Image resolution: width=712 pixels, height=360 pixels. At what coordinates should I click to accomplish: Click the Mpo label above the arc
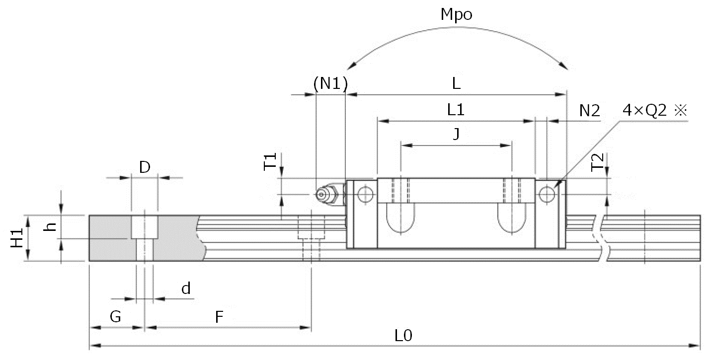[456, 15]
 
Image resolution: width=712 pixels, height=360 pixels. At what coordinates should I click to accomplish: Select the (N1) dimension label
[330, 83]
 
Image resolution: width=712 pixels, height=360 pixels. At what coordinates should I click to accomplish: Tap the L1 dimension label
[456, 110]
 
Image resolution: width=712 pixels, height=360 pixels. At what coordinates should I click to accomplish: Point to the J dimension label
[456, 135]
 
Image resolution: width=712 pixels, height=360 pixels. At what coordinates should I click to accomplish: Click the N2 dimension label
[589, 111]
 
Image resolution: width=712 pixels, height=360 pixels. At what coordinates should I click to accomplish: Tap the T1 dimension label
[270, 162]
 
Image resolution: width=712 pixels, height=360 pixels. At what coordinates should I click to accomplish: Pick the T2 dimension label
[598, 162]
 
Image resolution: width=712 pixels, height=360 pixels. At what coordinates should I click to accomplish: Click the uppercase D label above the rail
[145, 167]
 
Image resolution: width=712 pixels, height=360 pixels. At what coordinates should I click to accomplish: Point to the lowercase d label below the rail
[186, 288]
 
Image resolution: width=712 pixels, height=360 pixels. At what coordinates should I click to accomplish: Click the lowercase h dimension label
[49, 227]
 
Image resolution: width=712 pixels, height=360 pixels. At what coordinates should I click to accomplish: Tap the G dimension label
[115, 317]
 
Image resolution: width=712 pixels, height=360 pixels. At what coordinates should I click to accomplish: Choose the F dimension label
[219, 317]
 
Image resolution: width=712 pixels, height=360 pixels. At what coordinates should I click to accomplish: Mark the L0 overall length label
[403, 336]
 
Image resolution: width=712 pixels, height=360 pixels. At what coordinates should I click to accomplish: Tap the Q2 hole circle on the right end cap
[547, 194]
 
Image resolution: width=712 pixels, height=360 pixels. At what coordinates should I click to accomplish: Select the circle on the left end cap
[366, 194]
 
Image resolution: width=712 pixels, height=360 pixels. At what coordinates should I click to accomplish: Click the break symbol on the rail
[604, 237]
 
